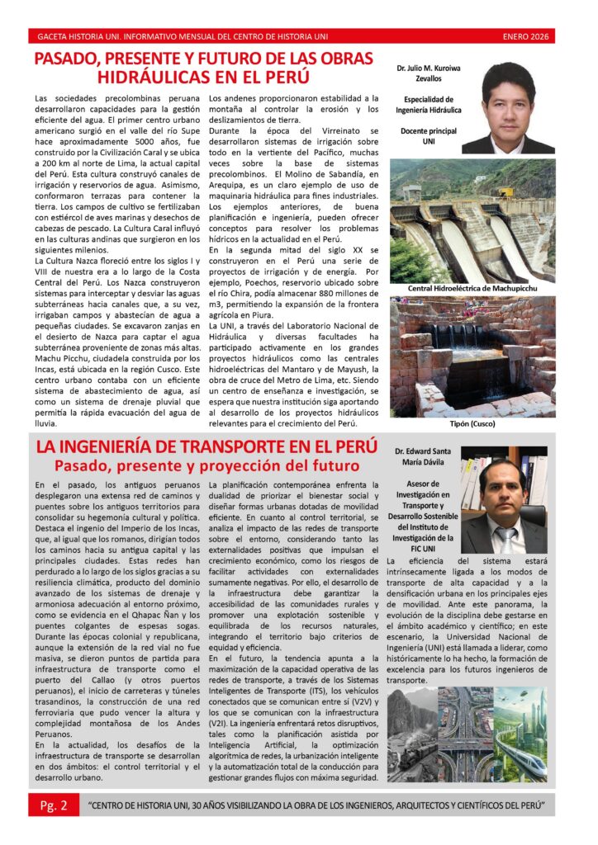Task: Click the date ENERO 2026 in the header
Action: (527, 36)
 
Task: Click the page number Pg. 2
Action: (54, 804)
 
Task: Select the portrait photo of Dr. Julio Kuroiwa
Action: (507, 108)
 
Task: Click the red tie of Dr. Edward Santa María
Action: (505, 539)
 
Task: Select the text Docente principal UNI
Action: (428, 136)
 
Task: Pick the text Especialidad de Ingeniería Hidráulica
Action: (428, 104)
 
